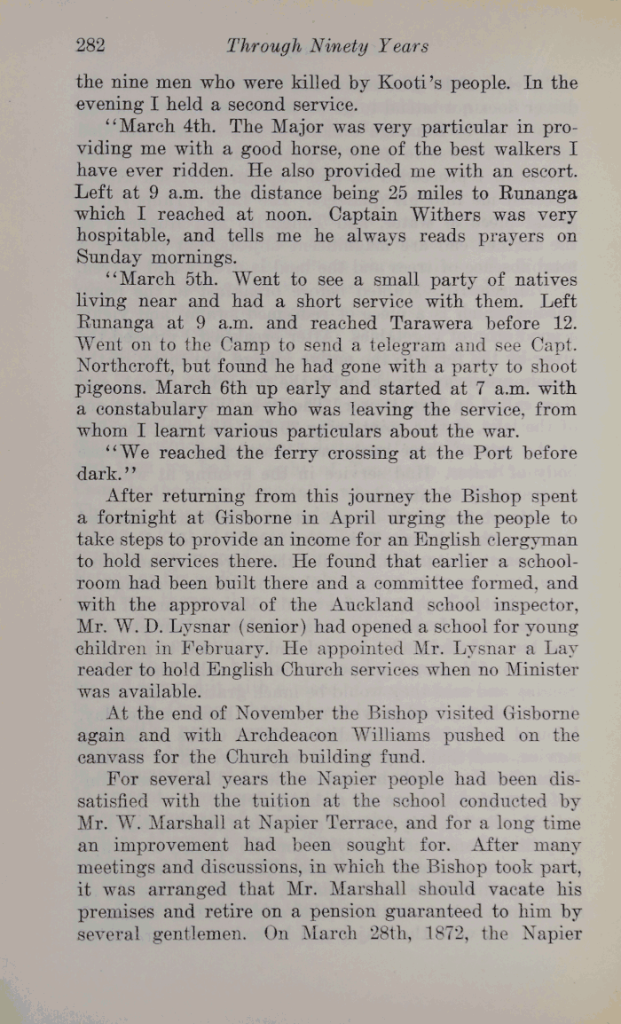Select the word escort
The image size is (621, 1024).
coord(547,170)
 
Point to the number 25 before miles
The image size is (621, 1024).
coord(377,193)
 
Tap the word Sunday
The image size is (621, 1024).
coord(103,258)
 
